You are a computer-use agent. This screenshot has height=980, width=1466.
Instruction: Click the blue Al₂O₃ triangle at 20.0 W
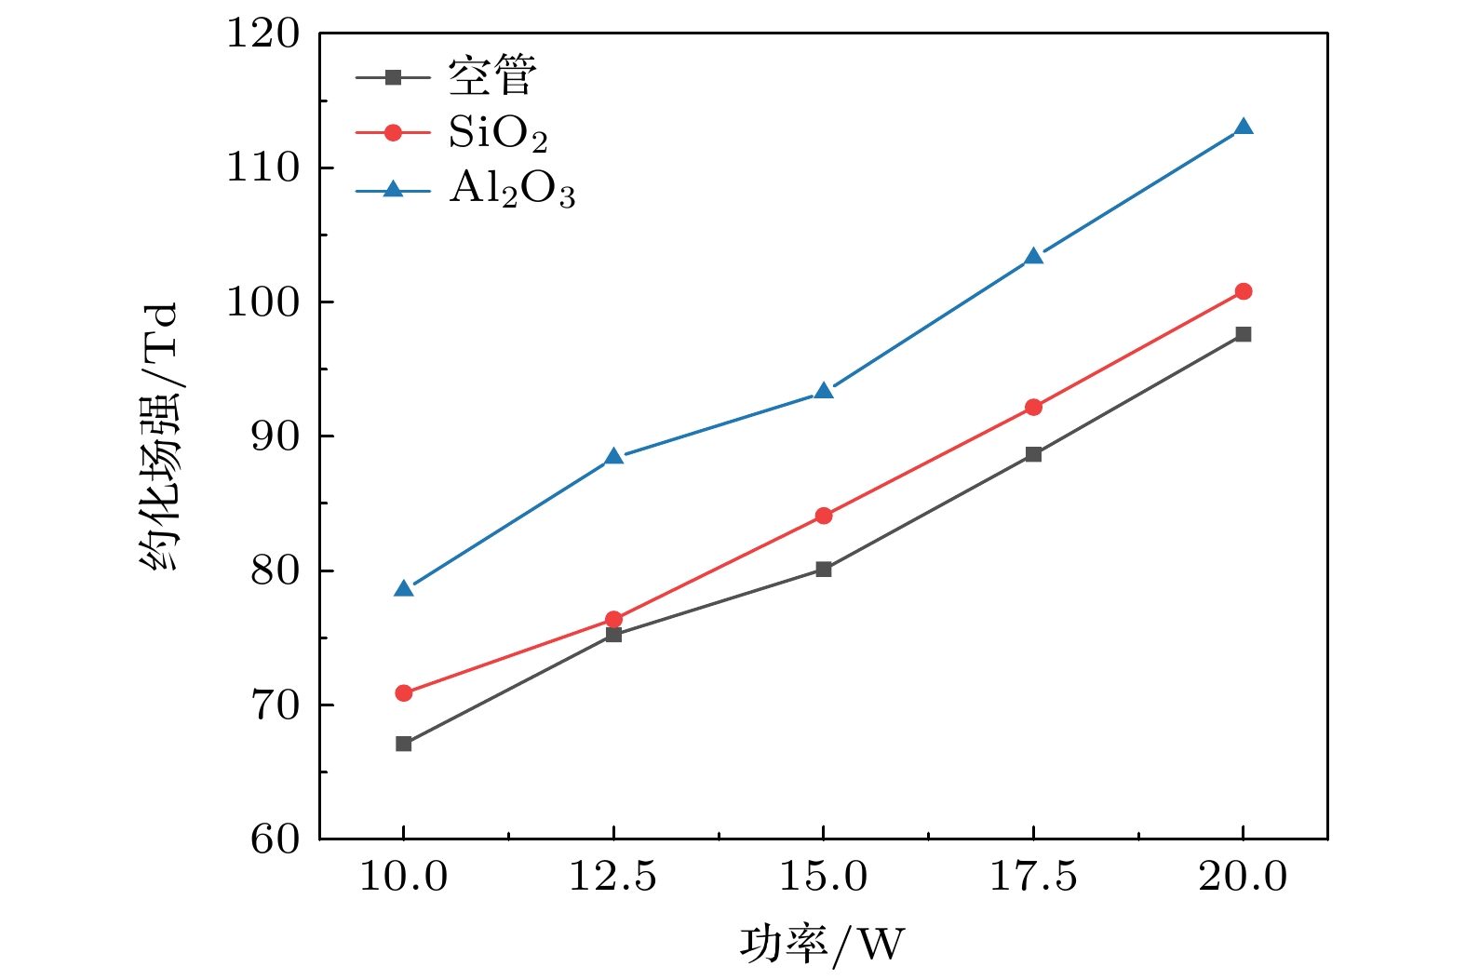click(1243, 128)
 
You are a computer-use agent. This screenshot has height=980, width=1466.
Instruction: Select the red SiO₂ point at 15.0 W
click(824, 516)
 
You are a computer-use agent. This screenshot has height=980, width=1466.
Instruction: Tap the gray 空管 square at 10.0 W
click(403, 744)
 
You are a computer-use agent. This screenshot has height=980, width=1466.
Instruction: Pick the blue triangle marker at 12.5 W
click(613, 457)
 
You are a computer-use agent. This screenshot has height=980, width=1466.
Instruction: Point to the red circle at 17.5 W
click(1033, 407)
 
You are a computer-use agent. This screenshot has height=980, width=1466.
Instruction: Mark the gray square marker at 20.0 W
click(1243, 334)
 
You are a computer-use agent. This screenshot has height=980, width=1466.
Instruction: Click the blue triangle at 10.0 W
click(403, 588)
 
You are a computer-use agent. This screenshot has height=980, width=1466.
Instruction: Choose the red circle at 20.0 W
click(1243, 291)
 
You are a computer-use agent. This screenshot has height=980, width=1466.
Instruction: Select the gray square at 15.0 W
click(824, 569)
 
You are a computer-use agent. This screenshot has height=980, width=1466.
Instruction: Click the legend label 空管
click(492, 76)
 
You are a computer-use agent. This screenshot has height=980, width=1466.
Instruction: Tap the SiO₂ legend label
click(498, 134)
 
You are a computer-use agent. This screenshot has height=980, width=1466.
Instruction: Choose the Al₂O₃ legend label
click(512, 190)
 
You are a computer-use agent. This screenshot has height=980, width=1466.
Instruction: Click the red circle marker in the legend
click(393, 133)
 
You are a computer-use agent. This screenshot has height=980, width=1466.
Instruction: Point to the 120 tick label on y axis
click(263, 34)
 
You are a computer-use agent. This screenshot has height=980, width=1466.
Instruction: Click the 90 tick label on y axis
click(276, 436)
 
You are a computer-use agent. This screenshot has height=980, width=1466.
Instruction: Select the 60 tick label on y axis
click(276, 839)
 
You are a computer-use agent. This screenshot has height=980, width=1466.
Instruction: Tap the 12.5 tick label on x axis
click(613, 877)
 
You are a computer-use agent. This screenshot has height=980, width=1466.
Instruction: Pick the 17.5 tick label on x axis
click(1033, 877)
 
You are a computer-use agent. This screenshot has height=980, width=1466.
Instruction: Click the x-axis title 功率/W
click(823, 944)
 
